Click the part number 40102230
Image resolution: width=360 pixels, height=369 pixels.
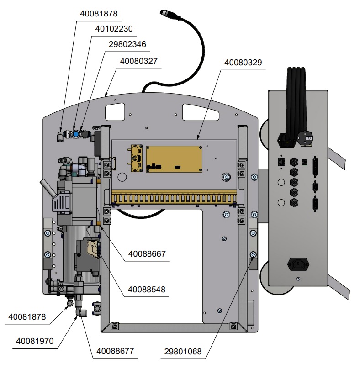[114, 29]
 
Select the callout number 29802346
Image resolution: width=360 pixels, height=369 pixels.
[127, 44]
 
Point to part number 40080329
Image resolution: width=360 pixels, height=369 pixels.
[244, 63]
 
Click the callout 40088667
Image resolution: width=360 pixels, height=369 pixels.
[147, 253]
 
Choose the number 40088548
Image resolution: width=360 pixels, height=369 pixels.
[147, 289]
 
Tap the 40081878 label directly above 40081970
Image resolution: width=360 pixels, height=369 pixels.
[27, 316]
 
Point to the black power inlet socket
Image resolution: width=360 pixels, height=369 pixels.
[297, 264]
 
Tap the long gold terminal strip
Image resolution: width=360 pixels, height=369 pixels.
[174, 198]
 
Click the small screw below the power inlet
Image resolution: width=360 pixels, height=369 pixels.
[298, 279]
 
